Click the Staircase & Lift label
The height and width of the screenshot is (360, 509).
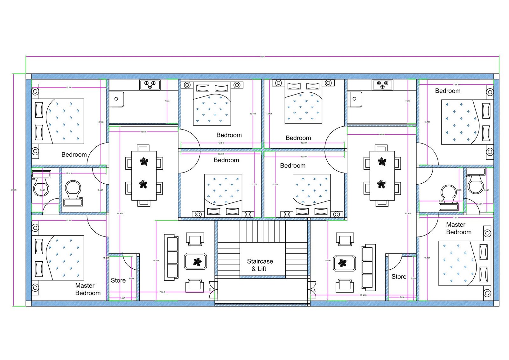click(x=260, y=265)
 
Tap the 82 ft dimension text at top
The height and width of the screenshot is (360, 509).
click(x=262, y=57)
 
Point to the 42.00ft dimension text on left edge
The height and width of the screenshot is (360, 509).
click(x=13, y=190)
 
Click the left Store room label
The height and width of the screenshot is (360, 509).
click(x=118, y=280)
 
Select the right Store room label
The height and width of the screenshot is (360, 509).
click(x=399, y=277)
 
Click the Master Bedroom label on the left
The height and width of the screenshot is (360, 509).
click(x=87, y=289)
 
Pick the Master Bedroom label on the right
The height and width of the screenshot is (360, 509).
click(x=458, y=228)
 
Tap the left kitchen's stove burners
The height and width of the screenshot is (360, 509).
click(x=150, y=85)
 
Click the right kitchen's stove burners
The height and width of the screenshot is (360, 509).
click(x=382, y=85)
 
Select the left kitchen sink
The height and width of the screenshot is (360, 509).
click(x=116, y=99)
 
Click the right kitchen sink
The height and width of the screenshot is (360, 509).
click(x=354, y=99)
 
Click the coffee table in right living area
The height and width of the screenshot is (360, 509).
click(x=344, y=263)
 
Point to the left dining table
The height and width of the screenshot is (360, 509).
click(x=144, y=176)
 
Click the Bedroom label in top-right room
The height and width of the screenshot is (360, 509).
click(x=448, y=91)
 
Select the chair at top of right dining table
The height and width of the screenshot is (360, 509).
click(x=381, y=148)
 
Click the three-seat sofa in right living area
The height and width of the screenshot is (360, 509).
click(x=368, y=267)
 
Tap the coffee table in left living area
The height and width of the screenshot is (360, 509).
click(x=196, y=262)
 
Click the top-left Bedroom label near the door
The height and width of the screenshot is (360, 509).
click(x=74, y=155)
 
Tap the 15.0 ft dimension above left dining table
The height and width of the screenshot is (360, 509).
click(x=143, y=132)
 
